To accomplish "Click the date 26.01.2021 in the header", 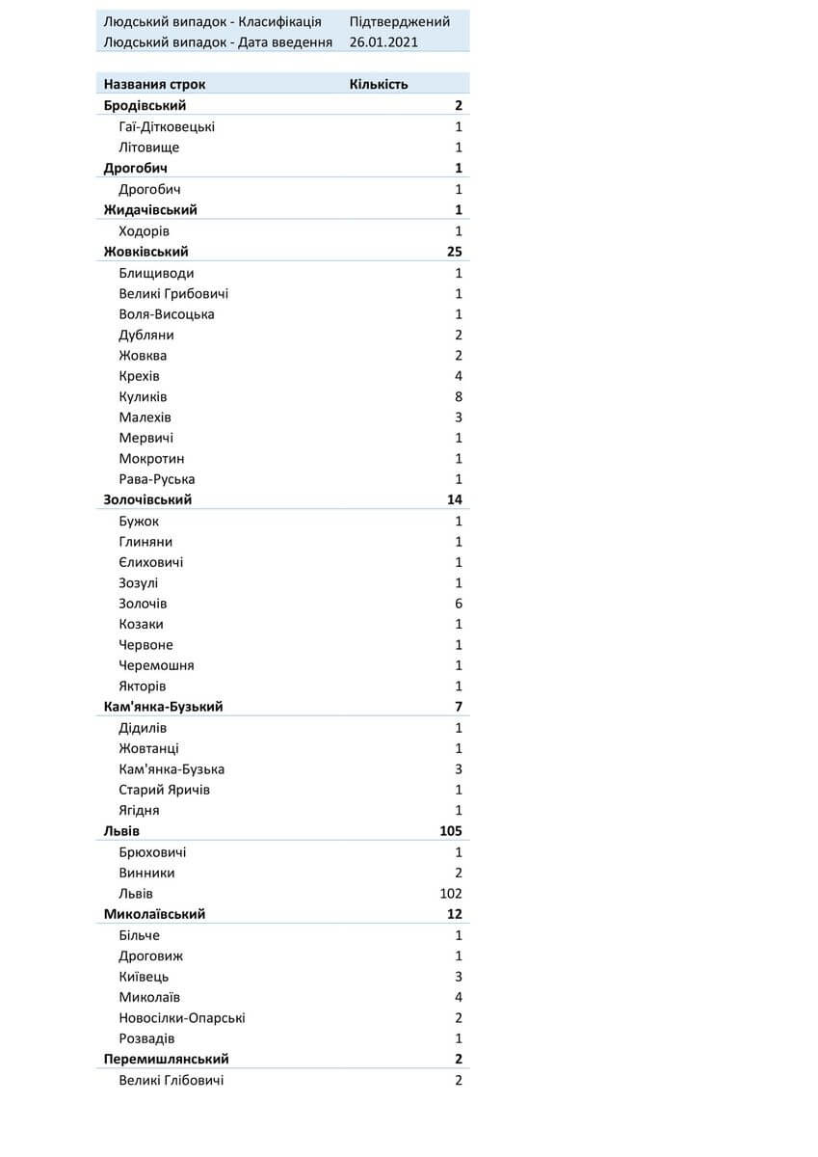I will click(x=384, y=42).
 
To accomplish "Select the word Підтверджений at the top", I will click(x=400, y=22).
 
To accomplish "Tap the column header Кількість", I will click(x=379, y=84).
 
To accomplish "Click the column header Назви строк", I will click(x=155, y=84).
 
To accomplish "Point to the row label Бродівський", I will click(x=145, y=105).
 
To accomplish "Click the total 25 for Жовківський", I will click(x=454, y=252).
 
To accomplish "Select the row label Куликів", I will click(x=144, y=397).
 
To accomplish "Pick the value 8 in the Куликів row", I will click(x=459, y=397).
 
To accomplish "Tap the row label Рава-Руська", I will click(x=157, y=479).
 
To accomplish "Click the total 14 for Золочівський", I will click(x=454, y=499).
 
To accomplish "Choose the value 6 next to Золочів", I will click(x=459, y=604).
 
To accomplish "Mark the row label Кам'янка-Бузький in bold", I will click(x=164, y=707).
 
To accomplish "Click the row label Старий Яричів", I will click(x=165, y=790).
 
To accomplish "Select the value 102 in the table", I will click(x=451, y=894).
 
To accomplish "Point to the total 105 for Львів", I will click(x=450, y=831).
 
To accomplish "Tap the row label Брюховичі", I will click(x=153, y=852).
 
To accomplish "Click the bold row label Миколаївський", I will click(x=155, y=914).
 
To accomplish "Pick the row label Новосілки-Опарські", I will click(x=182, y=1018).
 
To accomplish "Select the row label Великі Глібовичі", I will click(x=172, y=1081).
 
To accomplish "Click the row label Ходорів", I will click(x=145, y=231).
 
